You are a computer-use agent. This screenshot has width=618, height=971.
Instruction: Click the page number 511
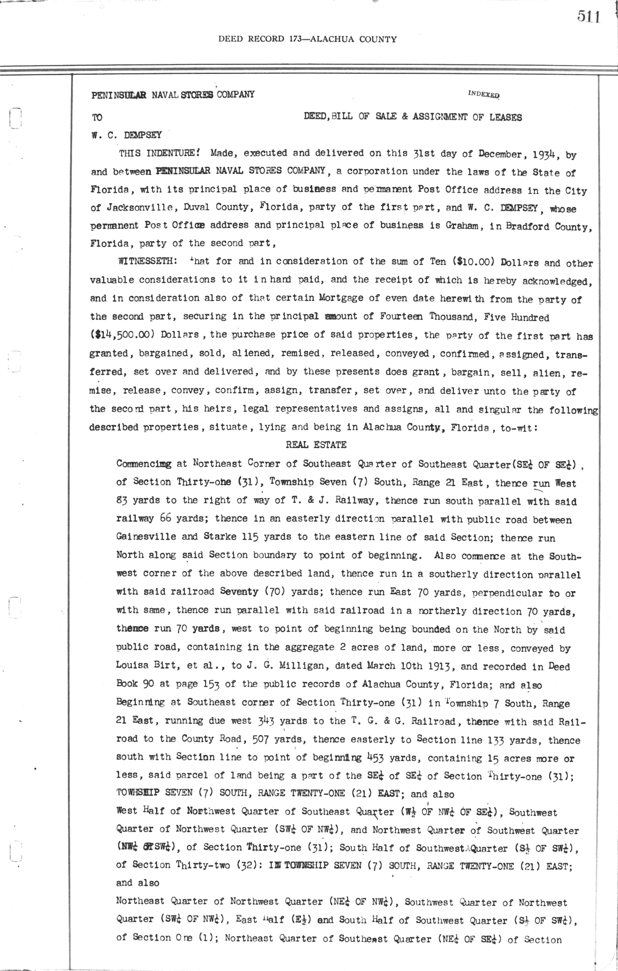click(589, 17)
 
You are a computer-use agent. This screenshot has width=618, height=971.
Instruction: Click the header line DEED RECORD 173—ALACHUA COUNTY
click(307, 39)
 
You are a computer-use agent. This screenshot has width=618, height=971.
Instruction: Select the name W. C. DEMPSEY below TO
click(126, 136)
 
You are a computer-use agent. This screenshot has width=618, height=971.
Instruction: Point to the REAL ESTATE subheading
click(316, 445)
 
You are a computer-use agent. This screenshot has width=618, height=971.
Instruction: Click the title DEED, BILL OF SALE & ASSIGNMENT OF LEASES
click(413, 118)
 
